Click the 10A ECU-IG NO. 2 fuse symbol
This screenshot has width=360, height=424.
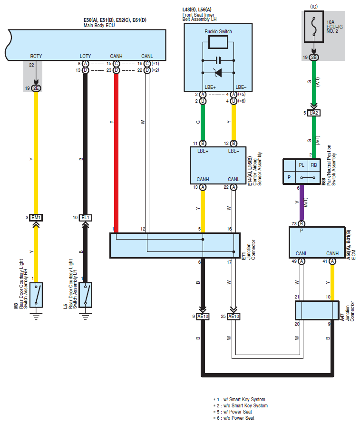(314, 27)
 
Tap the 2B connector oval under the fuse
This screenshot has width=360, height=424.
(314, 58)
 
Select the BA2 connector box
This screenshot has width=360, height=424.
(314, 113)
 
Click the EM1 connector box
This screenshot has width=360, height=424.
(36, 218)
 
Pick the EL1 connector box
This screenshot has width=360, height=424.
(86, 218)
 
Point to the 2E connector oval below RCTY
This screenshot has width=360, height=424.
(36, 88)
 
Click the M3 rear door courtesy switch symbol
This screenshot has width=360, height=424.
(36, 295)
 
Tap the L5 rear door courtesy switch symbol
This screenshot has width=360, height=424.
(86, 295)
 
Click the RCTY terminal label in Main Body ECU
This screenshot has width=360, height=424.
(36, 56)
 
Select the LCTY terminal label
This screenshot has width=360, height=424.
(85, 56)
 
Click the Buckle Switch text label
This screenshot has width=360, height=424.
(218, 32)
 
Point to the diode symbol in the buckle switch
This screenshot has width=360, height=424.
(218, 73)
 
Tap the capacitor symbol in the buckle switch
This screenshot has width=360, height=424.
(218, 60)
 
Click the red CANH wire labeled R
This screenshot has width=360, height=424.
(117, 153)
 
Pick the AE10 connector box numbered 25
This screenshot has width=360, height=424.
(234, 317)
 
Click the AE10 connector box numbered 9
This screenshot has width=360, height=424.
(203, 317)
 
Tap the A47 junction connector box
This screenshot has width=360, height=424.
(317, 310)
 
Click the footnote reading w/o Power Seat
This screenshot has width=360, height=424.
(239, 418)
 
